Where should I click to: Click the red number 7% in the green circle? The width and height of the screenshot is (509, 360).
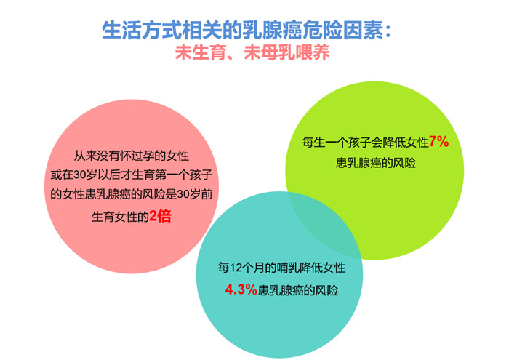439,142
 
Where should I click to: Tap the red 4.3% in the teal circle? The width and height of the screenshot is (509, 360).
241,289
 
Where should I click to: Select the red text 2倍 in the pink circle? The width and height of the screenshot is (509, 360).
160,216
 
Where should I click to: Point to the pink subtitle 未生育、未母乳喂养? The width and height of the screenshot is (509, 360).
252,52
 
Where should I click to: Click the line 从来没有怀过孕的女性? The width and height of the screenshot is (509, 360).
131,156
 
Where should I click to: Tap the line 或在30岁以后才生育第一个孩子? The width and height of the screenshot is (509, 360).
131,175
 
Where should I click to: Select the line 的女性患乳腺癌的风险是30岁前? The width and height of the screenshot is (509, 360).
131,194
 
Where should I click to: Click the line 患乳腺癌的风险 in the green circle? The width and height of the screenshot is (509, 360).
376,162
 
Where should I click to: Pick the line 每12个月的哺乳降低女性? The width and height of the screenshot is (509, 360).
281,268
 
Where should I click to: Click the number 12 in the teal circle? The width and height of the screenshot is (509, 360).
236,268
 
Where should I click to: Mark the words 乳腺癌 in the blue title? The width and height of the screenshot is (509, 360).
272,30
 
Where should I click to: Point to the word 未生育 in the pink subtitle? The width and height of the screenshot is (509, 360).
200,52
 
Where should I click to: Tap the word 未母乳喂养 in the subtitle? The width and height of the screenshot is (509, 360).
286,52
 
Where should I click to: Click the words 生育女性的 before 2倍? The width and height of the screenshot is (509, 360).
120,216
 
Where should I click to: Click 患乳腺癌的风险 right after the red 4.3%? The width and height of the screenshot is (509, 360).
298,289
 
